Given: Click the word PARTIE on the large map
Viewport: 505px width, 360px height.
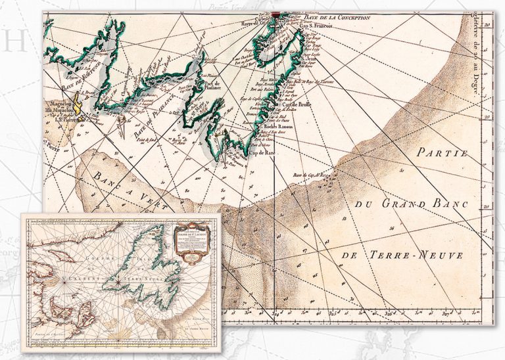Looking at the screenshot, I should (x=441, y=154).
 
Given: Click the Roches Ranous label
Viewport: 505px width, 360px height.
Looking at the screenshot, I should (x=280, y=128).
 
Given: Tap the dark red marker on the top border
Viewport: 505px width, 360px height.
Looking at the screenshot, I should (x=276, y=12).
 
